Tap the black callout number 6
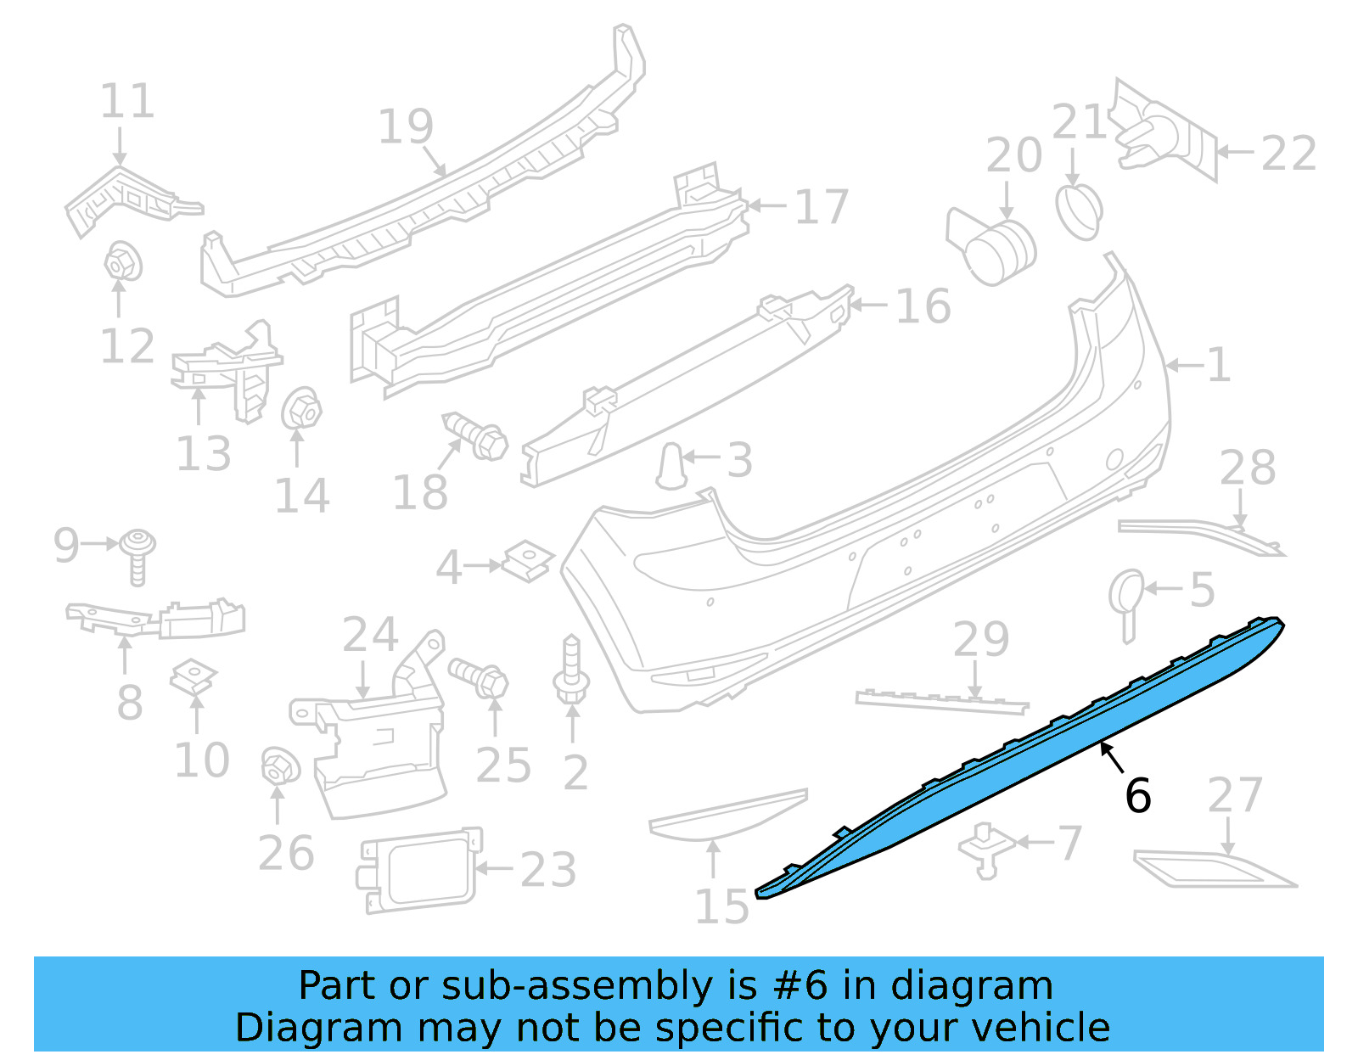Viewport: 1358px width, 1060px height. point(1137,796)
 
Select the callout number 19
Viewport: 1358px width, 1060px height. point(405,127)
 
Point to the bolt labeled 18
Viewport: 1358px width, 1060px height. point(477,436)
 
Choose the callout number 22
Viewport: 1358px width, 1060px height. point(1288,154)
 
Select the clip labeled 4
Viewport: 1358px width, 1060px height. point(528,562)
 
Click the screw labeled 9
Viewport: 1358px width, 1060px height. point(137,555)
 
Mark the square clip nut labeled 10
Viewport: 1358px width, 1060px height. point(194,677)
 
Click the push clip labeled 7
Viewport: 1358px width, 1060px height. point(986,848)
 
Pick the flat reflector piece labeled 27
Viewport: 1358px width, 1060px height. point(1214,871)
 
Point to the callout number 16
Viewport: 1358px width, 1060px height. point(923,306)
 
